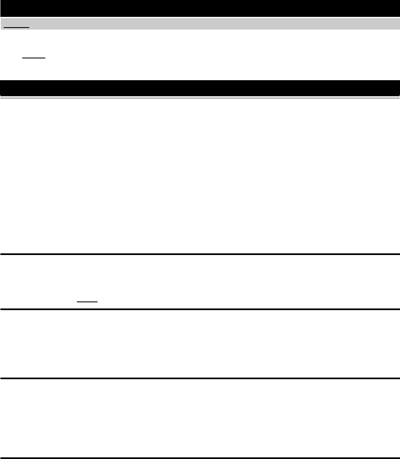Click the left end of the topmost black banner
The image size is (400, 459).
click(3, 8)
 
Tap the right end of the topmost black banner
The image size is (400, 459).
click(397, 8)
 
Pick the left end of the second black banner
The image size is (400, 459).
click(3, 88)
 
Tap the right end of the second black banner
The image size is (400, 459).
click(397, 88)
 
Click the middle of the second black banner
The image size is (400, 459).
click(200, 88)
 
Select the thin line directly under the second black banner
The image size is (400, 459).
click(200, 98)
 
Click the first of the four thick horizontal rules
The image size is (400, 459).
click(200, 254)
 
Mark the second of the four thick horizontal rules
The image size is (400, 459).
click(200, 309)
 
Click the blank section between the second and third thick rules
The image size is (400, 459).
click(200, 343)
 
